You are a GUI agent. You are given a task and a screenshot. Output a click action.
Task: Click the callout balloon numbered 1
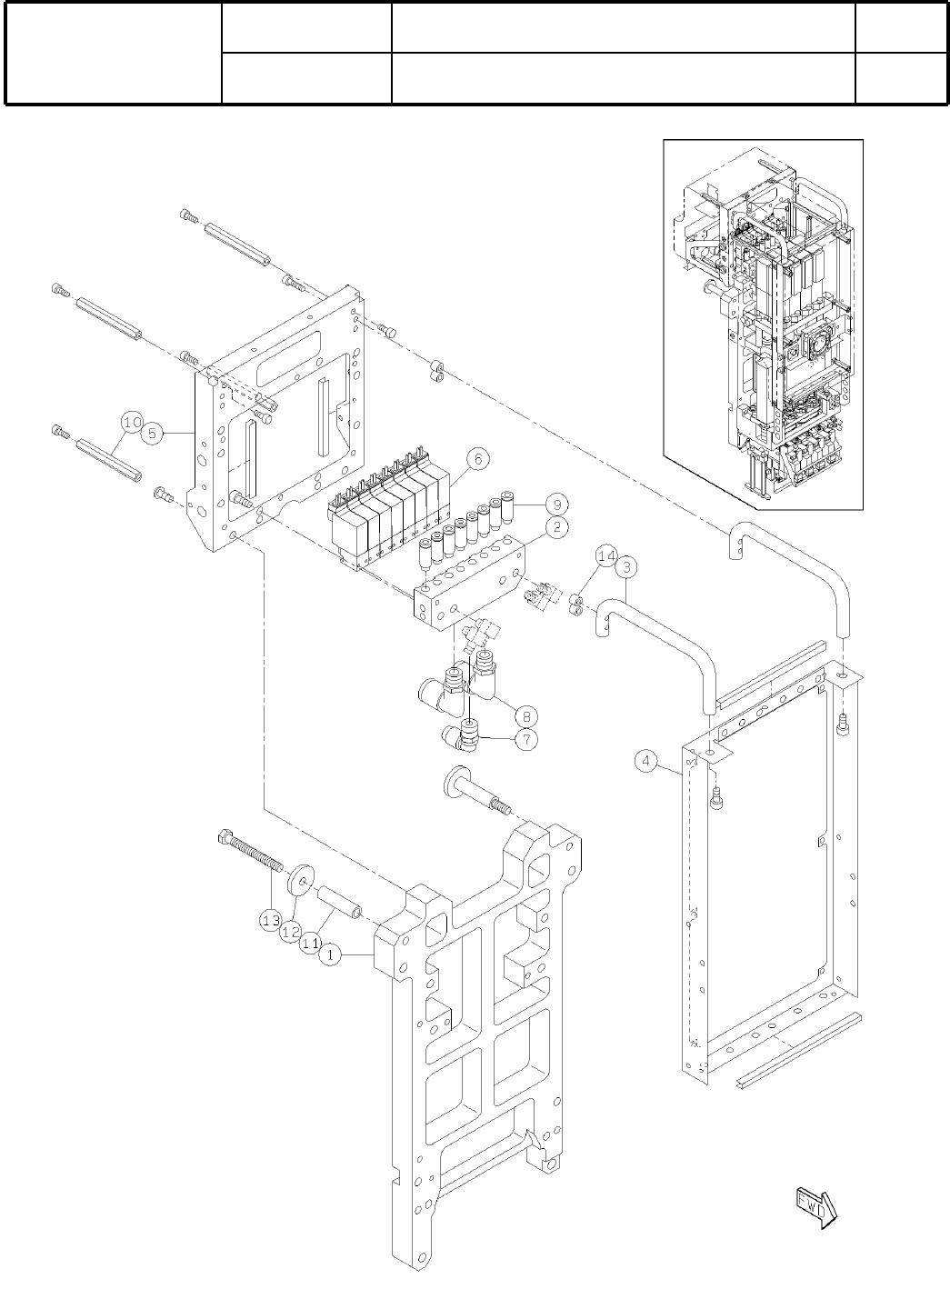click(331, 955)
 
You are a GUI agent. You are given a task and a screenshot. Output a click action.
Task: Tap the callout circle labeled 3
click(627, 567)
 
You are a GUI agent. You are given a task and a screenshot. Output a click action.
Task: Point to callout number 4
click(645, 761)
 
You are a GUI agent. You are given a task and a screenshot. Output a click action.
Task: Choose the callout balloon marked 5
click(154, 434)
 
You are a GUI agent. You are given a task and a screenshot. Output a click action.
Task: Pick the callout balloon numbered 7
click(525, 739)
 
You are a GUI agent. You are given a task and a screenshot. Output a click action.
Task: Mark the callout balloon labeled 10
click(132, 423)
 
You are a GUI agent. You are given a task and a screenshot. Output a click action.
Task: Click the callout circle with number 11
click(310, 944)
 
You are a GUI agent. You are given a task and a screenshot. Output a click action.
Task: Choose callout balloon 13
click(269, 921)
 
